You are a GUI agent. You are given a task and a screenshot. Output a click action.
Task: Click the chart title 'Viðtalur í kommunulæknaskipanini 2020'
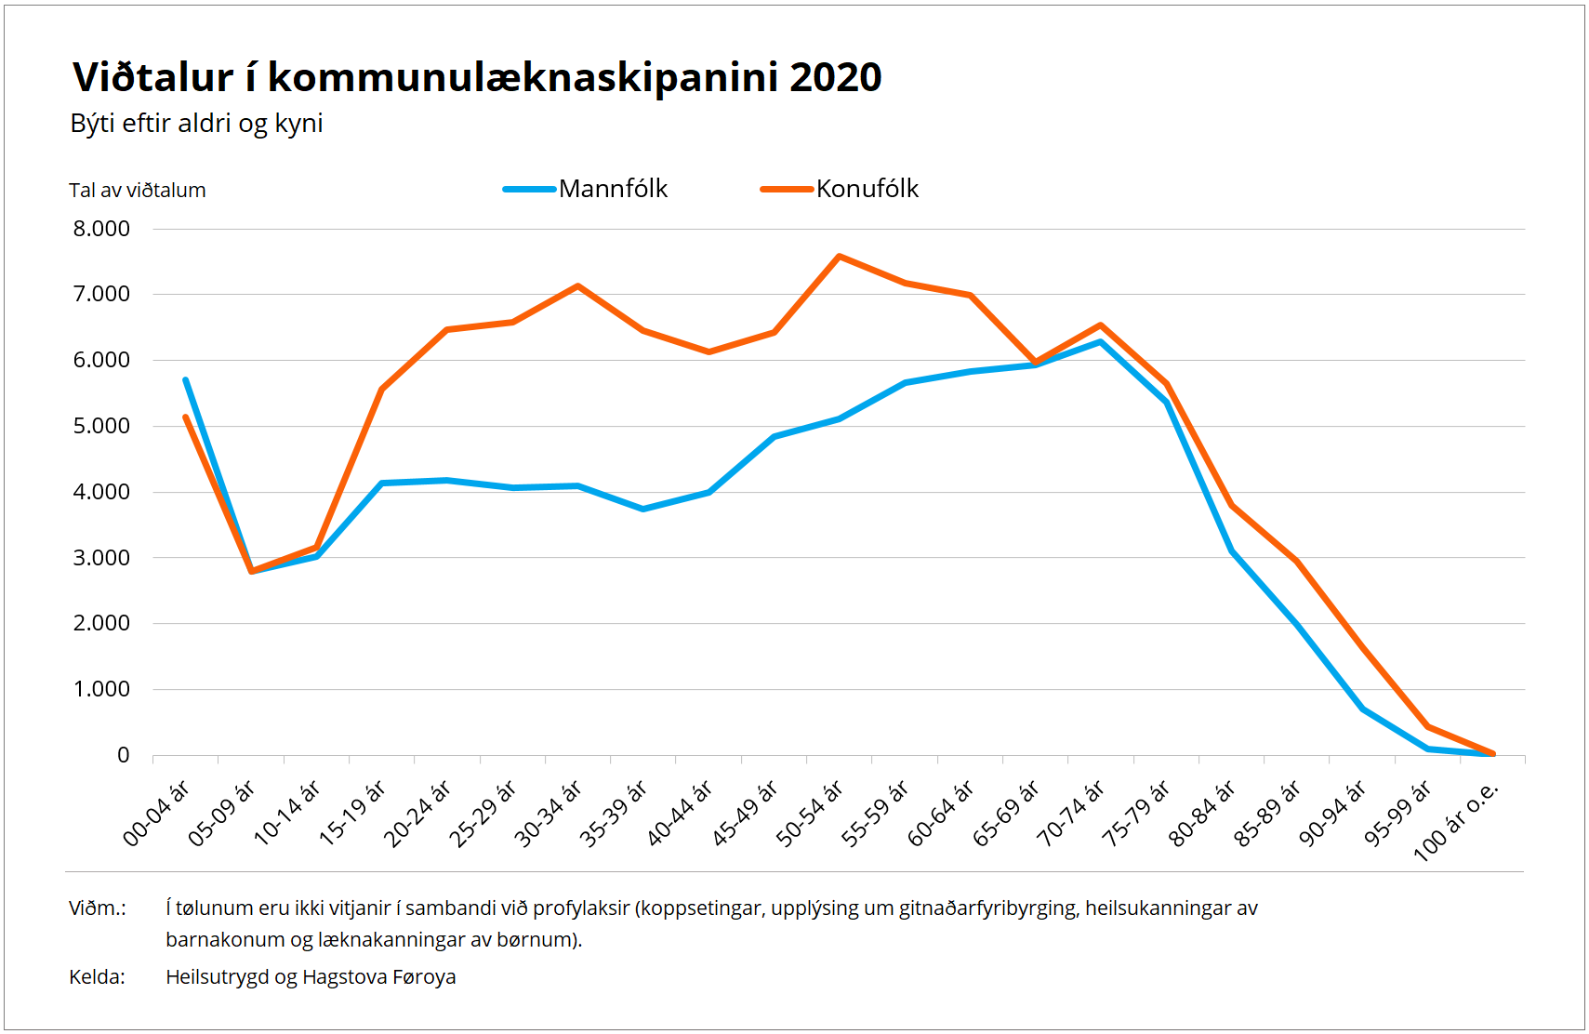[477, 77]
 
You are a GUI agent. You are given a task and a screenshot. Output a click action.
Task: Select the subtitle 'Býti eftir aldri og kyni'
[196, 124]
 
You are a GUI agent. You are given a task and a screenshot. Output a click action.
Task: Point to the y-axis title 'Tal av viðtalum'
[138, 191]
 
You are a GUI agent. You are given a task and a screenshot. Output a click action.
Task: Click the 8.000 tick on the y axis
[101, 229]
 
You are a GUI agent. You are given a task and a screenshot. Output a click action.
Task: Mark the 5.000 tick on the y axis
[101, 426]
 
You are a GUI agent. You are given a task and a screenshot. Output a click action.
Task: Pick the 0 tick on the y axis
[123, 755]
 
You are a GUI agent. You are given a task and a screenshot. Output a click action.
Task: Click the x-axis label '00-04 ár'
[156, 814]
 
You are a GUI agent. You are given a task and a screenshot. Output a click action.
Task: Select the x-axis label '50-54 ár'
[810, 814]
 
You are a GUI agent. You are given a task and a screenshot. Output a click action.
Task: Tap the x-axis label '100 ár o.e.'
[1456, 822]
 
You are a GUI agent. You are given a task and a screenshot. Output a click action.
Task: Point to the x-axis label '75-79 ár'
[1136, 814]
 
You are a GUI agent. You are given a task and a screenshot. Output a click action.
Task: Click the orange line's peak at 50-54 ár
[840, 257]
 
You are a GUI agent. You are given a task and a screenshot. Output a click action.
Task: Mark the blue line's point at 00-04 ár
[186, 380]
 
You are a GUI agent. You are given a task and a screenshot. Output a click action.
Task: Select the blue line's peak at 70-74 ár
[1101, 342]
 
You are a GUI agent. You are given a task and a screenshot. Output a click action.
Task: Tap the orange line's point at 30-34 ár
[578, 286]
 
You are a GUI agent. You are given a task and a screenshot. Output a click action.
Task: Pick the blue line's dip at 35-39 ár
[643, 509]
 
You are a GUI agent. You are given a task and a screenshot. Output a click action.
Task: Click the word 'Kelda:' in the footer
[97, 977]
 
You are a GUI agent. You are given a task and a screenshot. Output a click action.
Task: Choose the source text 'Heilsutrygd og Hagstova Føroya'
[311, 977]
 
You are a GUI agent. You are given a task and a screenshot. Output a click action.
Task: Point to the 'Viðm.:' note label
[98, 908]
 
